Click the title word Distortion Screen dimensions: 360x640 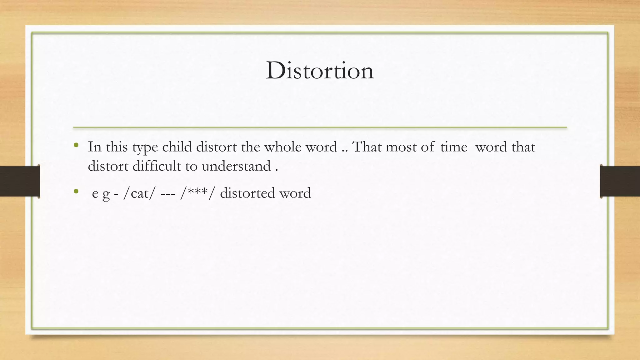[x=320, y=71]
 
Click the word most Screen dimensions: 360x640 [x=401, y=147]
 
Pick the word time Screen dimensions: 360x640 [x=454, y=147]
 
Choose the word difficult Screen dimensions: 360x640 [x=157, y=166]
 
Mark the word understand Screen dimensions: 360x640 [x=236, y=166]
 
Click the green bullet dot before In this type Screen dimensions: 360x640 [x=76, y=145]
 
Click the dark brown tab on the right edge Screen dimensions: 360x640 [x=620, y=181]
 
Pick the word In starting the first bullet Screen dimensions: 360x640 [x=95, y=147]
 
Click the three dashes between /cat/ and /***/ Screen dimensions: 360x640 [x=167, y=193]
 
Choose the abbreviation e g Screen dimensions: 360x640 [x=101, y=194]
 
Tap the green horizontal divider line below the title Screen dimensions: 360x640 [x=320, y=127]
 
